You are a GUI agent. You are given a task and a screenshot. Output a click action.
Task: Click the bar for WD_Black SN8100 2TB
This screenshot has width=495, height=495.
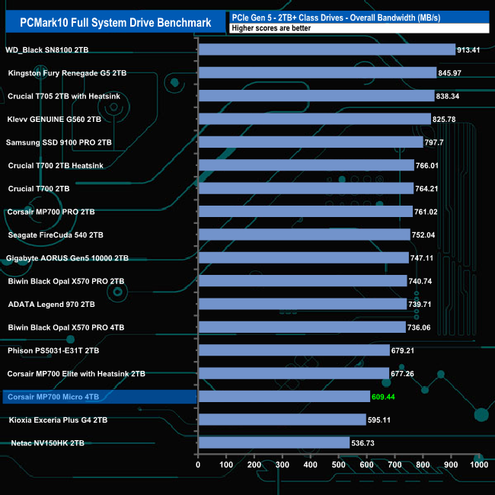[x=326, y=50]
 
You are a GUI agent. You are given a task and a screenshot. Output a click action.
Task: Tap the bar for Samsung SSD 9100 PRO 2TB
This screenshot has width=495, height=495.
[x=310, y=142]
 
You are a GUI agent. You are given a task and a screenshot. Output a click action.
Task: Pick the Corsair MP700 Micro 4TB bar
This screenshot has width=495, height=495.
[x=283, y=396]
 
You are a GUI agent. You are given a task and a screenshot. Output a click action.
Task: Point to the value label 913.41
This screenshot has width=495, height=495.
[x=472, y=50]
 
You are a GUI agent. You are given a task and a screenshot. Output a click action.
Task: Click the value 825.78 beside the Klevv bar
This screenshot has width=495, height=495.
[x=448, y=120]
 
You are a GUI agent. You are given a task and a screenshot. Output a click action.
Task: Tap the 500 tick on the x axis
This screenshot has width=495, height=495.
[x=338, y=465]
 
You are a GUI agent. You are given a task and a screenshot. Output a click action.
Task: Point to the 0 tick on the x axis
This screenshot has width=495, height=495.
[x=198, y=465]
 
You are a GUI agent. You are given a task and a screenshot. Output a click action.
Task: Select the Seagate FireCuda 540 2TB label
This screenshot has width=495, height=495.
[x=55, y=235]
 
